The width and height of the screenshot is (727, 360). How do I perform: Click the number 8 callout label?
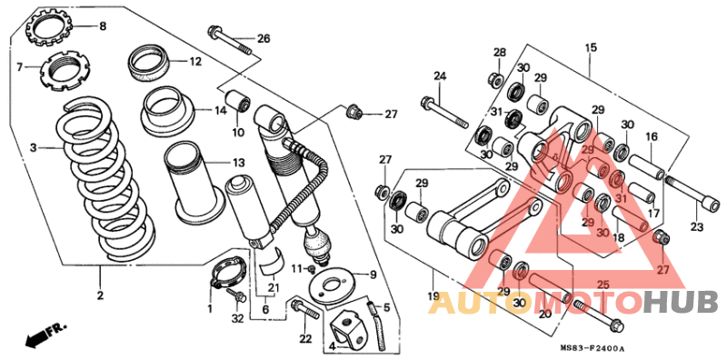click(x=103, y=26)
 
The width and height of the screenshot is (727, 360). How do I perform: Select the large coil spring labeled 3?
click(x=105, y=181)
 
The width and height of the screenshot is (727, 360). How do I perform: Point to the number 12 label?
click(x=195, y=61)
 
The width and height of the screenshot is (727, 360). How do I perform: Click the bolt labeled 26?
click(x=230, y=40)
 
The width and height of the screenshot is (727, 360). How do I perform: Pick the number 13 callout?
click(x=238, y=163)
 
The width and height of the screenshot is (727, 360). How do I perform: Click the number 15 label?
click(x=591, y=47)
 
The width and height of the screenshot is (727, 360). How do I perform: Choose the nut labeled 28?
click(x=495, y=79)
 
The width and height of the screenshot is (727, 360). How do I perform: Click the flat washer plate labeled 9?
click(x=334, y=283)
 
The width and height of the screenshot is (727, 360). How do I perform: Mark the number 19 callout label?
click(x=433, y=295)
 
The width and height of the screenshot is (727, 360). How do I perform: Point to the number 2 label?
click(x=100, y=295)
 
